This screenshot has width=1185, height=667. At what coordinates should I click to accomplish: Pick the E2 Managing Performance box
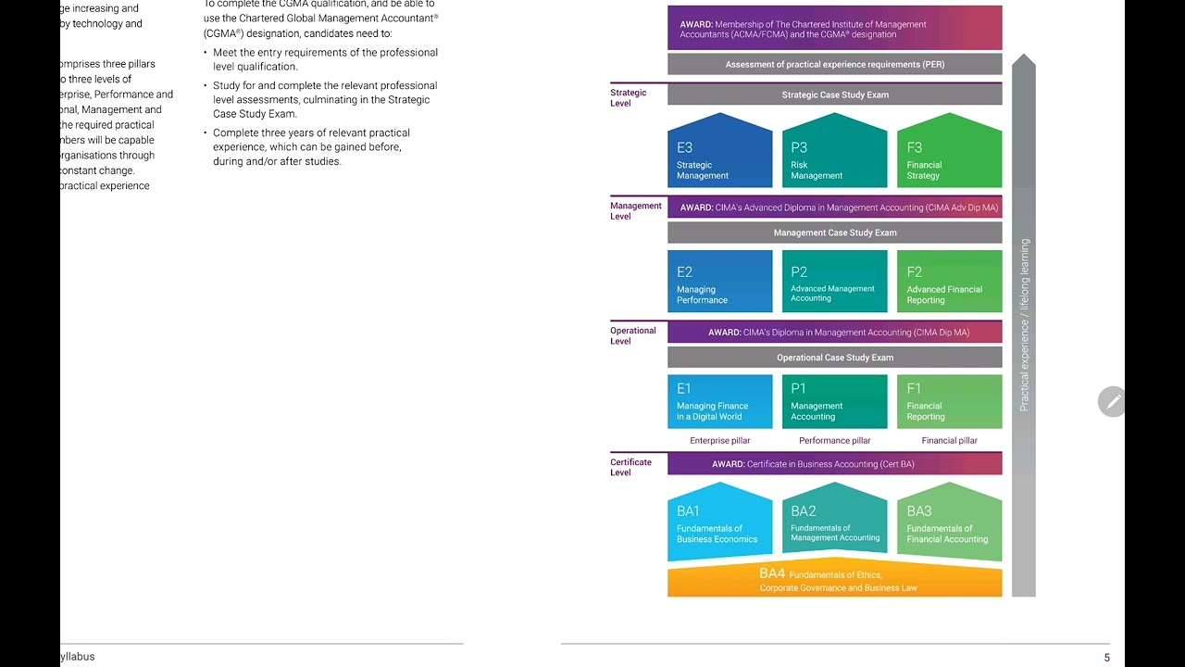719,282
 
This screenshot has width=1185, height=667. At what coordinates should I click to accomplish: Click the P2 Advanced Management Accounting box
834,282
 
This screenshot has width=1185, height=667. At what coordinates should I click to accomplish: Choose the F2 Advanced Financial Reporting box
949,282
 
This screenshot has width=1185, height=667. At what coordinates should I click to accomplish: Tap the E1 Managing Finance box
719,401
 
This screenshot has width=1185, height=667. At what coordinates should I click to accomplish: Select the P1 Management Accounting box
834,401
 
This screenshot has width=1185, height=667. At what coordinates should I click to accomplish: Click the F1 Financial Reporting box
949,401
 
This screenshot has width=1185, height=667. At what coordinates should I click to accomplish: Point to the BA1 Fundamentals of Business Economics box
719,524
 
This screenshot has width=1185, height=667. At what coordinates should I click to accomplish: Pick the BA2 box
834,522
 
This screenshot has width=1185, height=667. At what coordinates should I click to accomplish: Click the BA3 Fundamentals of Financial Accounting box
949,524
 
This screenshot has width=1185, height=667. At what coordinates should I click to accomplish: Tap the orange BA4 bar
834,581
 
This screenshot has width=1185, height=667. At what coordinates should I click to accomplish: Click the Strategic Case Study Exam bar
834,94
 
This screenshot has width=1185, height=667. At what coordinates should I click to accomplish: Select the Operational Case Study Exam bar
834,358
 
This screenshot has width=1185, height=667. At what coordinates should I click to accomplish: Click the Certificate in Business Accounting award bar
834,464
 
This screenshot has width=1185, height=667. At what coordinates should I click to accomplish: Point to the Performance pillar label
834,441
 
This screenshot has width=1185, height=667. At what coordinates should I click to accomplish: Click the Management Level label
635,211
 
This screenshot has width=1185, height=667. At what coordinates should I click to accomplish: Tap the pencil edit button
1112,401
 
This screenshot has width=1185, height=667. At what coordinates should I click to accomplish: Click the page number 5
1106,658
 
